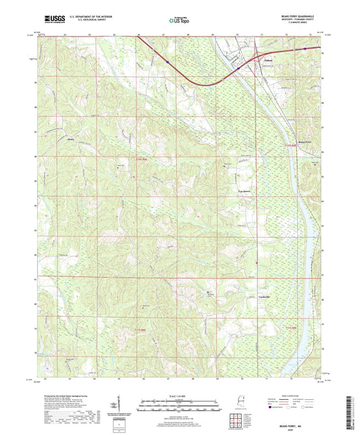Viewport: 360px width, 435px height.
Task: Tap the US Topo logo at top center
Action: pos(179,21)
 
